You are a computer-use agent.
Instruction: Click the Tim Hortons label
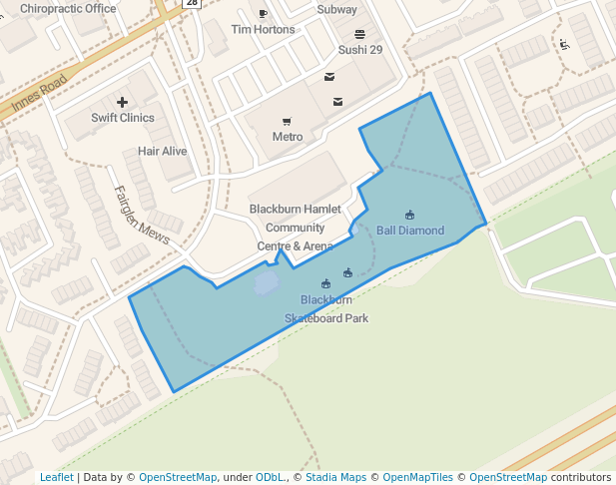click(x=263, y=30)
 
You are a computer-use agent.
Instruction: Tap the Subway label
click(x=336, y=10)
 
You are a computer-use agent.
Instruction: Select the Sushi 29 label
click(x=359, y=49)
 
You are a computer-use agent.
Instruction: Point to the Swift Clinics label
click(x=123, y=118)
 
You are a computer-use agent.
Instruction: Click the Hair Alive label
click(x=162, y=151)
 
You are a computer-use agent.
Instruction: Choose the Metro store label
click(x=287, y=137)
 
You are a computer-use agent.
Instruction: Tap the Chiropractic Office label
click(x=68, y=9)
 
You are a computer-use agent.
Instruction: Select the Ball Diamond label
click(x=410, y=231)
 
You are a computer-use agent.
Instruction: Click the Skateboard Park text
click(x=326, y=318)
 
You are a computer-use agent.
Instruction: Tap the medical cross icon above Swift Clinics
click(x=122, y=102)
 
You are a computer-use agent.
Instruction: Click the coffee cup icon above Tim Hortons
click(x=263, y=14)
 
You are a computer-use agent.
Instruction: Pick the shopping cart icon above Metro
click(x=287, y=121)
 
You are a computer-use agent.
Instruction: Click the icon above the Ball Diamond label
click(x=410, y=215)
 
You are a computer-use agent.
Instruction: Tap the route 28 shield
click(x=192, y=3)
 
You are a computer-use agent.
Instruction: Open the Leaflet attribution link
click(x=56, y=477)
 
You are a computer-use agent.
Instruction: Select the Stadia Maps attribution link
click(x=335, y=477)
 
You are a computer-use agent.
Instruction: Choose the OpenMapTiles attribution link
click(x=418, y=477)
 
